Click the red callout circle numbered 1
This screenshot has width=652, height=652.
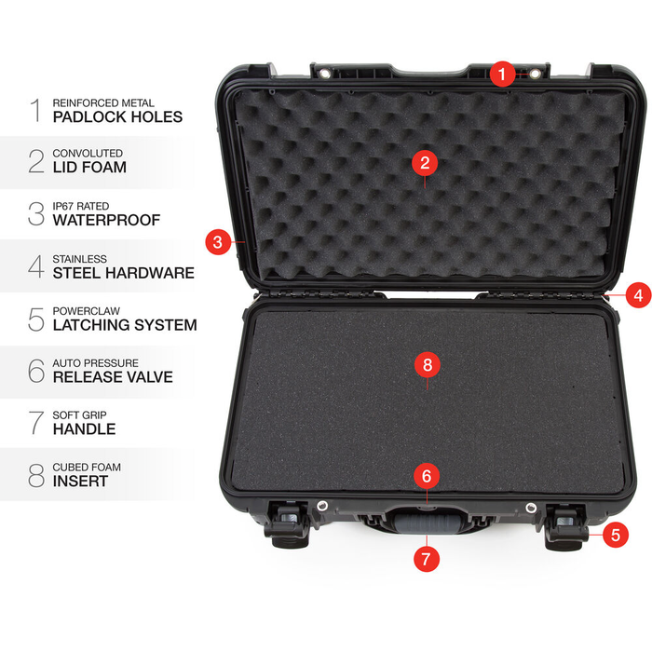click(503, 74)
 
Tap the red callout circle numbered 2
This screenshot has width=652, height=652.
click(425, 163)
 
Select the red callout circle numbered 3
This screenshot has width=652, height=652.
click(217, 242)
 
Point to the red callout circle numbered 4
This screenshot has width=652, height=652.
click(637, 296)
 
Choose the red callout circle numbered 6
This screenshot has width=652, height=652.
click(427, 476)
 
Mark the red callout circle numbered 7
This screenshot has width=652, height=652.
click(427, 559)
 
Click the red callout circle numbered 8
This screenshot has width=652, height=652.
click(427, 365)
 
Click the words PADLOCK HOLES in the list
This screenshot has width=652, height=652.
click(117, 117)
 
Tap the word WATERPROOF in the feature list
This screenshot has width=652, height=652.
click(106, 221)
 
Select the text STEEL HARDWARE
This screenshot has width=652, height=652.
click(123, 273)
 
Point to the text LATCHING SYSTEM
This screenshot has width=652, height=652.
click(125, 325)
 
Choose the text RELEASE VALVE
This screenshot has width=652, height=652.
click(113, 377)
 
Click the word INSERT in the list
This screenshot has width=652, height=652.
click(80, 482)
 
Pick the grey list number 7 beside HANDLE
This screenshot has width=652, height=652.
click(36, 423)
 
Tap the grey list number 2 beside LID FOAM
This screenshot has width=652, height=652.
click(36, 161)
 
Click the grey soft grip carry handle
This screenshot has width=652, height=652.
click(426, 525)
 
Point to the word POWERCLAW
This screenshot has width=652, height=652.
click(87, 311)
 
